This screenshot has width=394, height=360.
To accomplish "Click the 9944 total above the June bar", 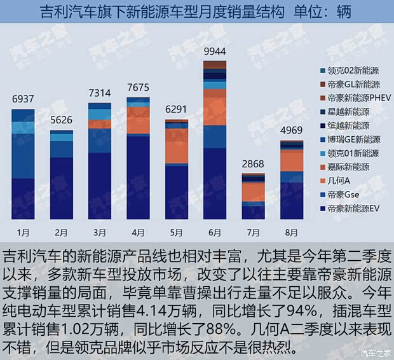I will [215, 51].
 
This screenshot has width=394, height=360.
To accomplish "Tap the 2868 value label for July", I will [253, 164].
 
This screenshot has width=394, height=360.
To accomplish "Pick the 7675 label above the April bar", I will [138, 87].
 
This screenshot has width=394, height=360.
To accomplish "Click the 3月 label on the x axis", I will [100, 232].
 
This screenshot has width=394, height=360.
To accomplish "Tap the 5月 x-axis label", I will [176, 232].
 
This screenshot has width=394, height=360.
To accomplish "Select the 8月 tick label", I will [291, 232].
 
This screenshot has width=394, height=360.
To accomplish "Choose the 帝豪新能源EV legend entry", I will [353, 208].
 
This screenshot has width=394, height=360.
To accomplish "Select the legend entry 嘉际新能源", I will [348, 167].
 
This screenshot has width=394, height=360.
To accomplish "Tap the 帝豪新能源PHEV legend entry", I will [357, 98].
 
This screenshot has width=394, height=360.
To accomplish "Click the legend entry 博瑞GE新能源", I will [353, 139].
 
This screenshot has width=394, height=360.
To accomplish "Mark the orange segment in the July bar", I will [253, 192].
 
